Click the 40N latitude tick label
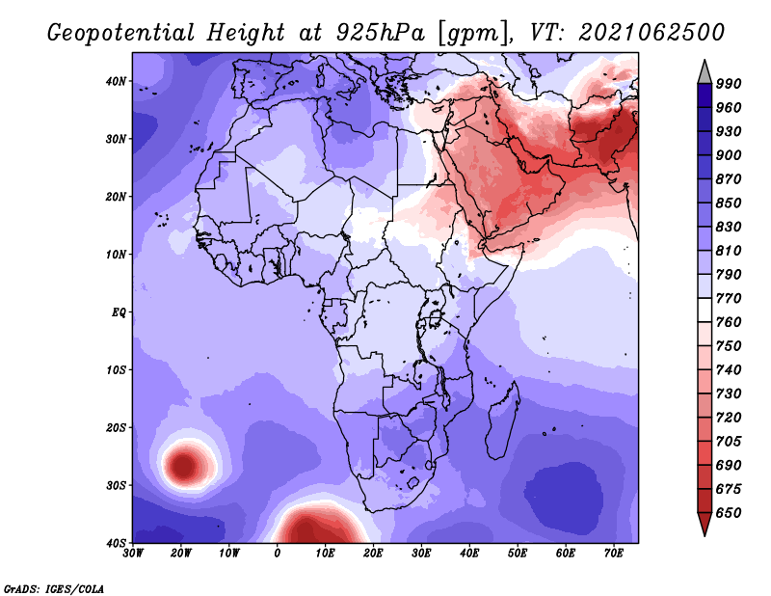point(116,81)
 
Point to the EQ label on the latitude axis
point(119,312)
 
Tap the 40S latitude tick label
point(116,543)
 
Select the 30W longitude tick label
point(133,554)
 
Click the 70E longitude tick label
point(614,554)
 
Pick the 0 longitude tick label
point(277,554)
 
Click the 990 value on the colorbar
point(729,84)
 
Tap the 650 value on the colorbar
point(729,513)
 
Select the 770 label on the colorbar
point(729,299)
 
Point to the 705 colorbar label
point(729,442)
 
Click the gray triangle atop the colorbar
point(705,72)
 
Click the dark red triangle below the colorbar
point(705,524)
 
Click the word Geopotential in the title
point(120,34)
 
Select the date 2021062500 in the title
point(651,33)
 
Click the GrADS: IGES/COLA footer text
point(54,588)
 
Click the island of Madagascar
point(502,420)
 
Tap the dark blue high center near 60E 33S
point(564,496)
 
